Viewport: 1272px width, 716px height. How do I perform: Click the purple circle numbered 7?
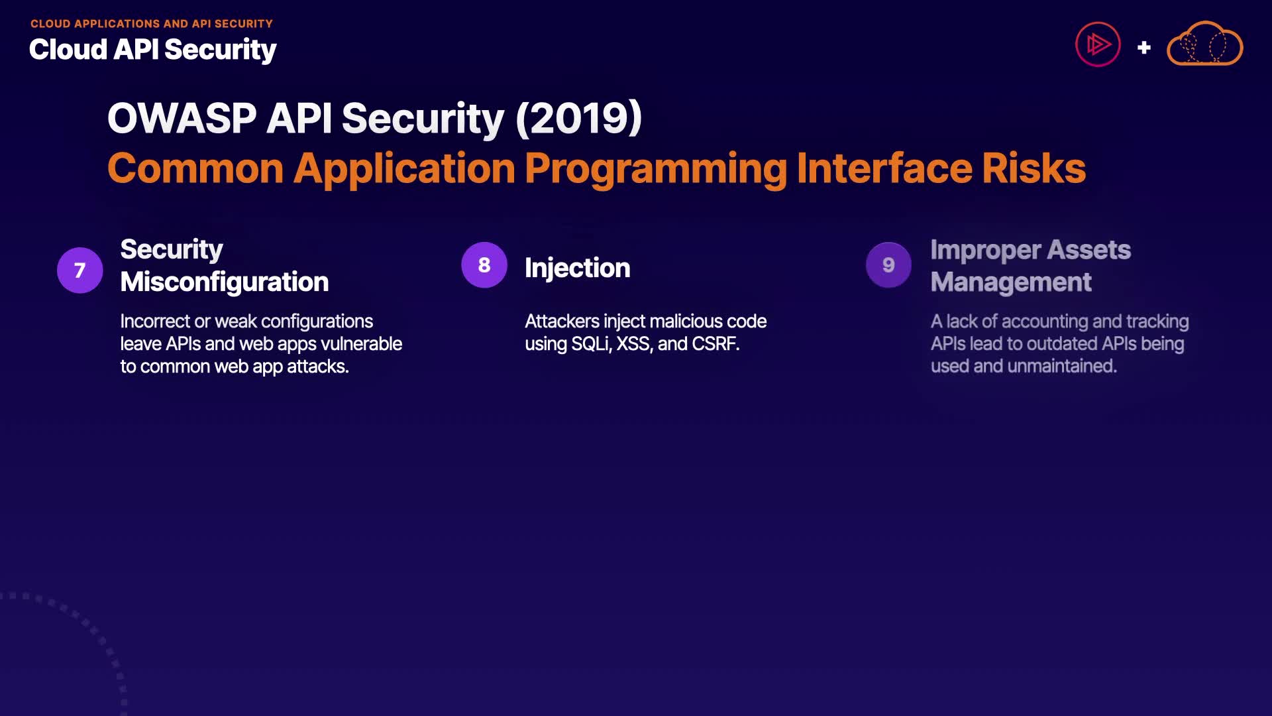[79, 270]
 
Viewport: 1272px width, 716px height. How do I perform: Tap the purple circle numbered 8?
[484, 265]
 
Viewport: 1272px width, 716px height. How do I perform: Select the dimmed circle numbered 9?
[888, 265]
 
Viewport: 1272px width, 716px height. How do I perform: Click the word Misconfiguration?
[225, 282]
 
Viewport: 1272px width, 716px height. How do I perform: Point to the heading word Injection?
[578, 268]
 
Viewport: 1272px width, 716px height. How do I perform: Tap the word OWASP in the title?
[182, 119]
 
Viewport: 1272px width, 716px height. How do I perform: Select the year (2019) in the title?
[578, 119]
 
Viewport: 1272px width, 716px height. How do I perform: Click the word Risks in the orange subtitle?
[1034, 168]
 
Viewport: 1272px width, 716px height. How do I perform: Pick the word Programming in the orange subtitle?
[656, 170]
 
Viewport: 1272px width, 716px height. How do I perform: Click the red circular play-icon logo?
[1098, 45]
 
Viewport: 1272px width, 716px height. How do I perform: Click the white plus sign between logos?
[1143, 48]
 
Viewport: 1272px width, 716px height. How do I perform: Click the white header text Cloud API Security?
[153, 50]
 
